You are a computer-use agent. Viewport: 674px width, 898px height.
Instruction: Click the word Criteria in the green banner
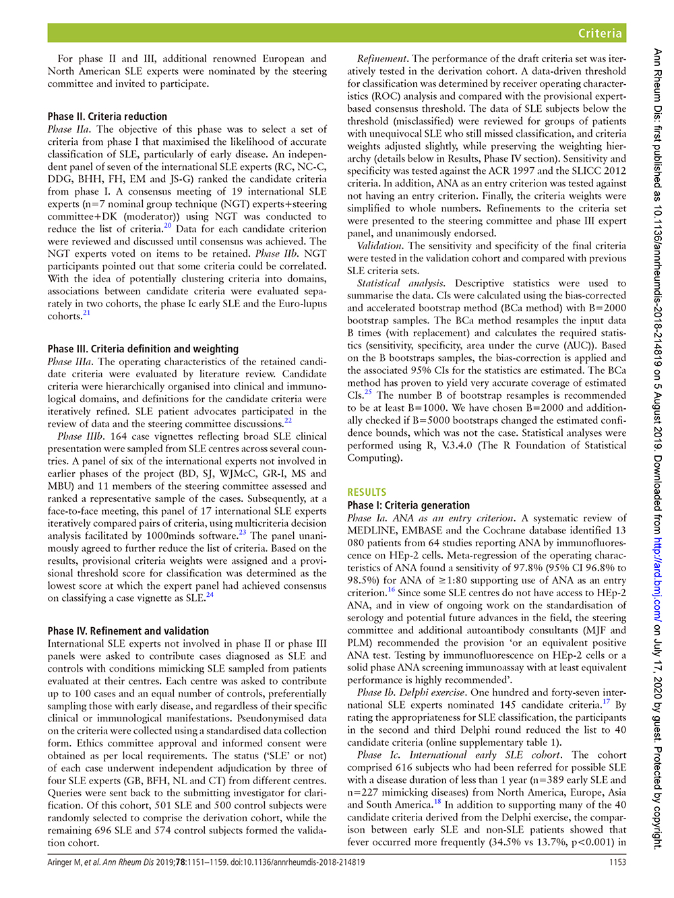(x=600, y=33)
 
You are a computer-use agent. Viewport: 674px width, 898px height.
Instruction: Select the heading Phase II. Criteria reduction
(x=107, y=117)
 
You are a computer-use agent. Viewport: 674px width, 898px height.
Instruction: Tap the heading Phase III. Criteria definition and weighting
(x=143, y=349)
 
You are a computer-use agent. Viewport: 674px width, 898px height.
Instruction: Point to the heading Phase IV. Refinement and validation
(x=128, y=631)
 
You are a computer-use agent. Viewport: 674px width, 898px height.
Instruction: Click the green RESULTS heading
(x=367, y=492)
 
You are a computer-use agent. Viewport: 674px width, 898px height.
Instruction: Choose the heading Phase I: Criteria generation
(x=408, y=505)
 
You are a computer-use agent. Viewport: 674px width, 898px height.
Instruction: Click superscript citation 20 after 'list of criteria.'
(x=168, y=226)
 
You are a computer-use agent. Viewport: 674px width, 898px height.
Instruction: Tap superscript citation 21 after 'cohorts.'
(x=86, y=313)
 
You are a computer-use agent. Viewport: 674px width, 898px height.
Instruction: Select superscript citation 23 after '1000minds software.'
(x=243, y=533)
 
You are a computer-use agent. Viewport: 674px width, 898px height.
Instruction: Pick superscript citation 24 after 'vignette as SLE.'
(x=210, y=595)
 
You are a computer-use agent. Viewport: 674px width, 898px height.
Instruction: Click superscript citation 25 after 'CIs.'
(x=368, y=392)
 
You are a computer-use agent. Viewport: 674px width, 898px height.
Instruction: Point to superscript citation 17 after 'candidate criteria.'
(x=607, y=702)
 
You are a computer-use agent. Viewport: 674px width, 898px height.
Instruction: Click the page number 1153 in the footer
(x=617, y=862)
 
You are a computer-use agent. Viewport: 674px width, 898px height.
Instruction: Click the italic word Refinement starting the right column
(x=382, y=59)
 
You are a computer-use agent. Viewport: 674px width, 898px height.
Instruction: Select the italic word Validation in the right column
(x=380, y=246)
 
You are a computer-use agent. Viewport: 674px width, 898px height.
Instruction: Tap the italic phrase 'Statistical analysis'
(x=400, y=284)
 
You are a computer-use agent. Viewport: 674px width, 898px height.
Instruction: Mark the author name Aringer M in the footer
(x=64, y=862)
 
